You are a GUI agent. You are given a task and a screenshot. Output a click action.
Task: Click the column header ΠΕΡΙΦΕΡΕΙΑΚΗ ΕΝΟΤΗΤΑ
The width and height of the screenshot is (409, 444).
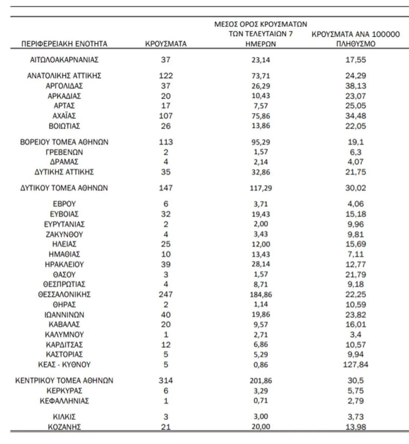(64, 44)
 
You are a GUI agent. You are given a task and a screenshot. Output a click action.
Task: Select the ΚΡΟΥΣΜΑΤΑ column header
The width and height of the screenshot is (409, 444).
(166, 44)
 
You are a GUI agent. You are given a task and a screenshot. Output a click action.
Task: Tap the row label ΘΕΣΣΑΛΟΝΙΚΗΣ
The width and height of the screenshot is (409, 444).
(64, 294)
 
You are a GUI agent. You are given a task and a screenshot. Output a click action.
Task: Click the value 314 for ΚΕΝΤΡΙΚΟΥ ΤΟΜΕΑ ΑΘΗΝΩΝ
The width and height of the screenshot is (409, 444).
(166, 380)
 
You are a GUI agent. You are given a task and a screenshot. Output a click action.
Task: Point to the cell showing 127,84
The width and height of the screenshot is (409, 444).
(355, 364)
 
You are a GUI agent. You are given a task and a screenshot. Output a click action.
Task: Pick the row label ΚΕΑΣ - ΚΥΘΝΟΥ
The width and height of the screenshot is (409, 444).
(64, 364)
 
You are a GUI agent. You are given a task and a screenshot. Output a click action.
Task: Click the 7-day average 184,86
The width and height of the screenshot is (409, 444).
(261, 294)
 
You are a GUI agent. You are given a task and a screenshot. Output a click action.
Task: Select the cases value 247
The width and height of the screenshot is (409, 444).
(166, 294)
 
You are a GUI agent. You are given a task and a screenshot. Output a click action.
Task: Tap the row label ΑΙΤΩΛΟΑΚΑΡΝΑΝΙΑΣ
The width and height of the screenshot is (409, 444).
(64, 60)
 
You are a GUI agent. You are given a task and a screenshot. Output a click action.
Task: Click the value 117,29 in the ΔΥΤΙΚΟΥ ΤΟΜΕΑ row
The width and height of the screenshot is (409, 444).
(261, 188)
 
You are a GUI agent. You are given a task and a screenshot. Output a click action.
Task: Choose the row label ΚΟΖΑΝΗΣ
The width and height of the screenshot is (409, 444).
(64, 427)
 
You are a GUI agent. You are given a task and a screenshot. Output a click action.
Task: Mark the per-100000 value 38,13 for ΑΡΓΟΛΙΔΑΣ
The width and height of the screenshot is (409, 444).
(355, 86)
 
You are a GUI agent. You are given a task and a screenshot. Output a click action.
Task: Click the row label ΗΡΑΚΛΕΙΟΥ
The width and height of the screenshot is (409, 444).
(64, 264)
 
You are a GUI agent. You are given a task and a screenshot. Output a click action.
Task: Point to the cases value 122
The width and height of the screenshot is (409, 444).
(166, 76)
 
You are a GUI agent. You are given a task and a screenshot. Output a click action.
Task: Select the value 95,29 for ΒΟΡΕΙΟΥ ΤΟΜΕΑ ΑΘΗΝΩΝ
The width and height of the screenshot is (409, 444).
(261, 142)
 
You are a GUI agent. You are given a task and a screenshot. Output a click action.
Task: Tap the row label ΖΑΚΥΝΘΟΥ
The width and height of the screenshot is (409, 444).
(64, 234)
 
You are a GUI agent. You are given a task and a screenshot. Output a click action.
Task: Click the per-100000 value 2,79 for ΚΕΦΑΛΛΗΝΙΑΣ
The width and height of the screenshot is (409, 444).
(355, 401)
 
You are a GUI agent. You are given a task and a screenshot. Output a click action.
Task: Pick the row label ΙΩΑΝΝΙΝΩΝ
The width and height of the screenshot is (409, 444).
(64, 314)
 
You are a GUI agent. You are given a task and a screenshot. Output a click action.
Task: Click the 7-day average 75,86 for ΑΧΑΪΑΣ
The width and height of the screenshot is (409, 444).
(261, 116)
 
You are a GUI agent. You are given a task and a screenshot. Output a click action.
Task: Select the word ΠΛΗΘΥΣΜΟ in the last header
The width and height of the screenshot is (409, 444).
(355, 44)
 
